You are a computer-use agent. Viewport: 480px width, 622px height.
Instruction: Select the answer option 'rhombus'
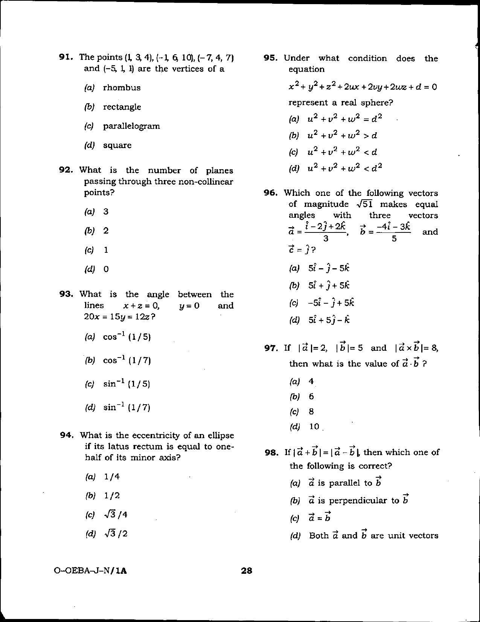tap(122, 88)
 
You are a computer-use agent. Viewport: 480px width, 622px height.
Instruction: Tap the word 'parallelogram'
tap(131, 126)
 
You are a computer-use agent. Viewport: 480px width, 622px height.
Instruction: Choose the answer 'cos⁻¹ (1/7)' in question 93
tap(127, 361)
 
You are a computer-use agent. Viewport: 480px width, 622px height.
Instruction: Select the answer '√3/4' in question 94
tap(116, 515)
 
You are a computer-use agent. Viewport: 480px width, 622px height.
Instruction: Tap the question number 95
tap(271, 58)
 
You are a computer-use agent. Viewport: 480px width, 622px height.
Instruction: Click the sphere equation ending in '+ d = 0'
tap(363, 87)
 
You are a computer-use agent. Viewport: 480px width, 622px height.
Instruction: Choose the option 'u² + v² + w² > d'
tap(342, 135)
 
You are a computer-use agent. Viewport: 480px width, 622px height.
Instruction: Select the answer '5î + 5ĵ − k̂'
tap(329, 320)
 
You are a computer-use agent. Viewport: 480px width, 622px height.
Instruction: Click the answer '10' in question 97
tap(314, 426)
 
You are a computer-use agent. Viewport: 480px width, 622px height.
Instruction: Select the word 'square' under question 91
tap(117, 145)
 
